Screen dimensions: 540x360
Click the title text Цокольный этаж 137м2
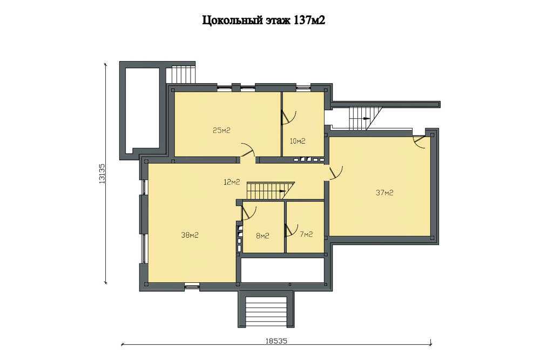(264, 21)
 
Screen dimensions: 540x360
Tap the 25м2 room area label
(221, 131)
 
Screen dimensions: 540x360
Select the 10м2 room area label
(298, 141)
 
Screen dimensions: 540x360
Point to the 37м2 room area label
(384, 193)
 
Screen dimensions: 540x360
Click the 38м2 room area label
(190, 235)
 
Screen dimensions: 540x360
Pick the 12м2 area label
(232, 182)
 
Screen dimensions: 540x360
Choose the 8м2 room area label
(262, 236)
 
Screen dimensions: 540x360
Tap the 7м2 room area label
(306, 234)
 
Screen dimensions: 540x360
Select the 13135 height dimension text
(102, 173)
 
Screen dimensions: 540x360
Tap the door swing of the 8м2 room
(248, 213)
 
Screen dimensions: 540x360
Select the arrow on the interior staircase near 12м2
(283, 191)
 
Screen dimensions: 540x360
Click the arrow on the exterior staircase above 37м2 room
(366, 118)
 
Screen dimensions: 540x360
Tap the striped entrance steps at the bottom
(266, 312)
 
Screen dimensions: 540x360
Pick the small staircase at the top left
(180, 73)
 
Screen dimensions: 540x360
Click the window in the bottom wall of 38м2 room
(192, 286)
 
